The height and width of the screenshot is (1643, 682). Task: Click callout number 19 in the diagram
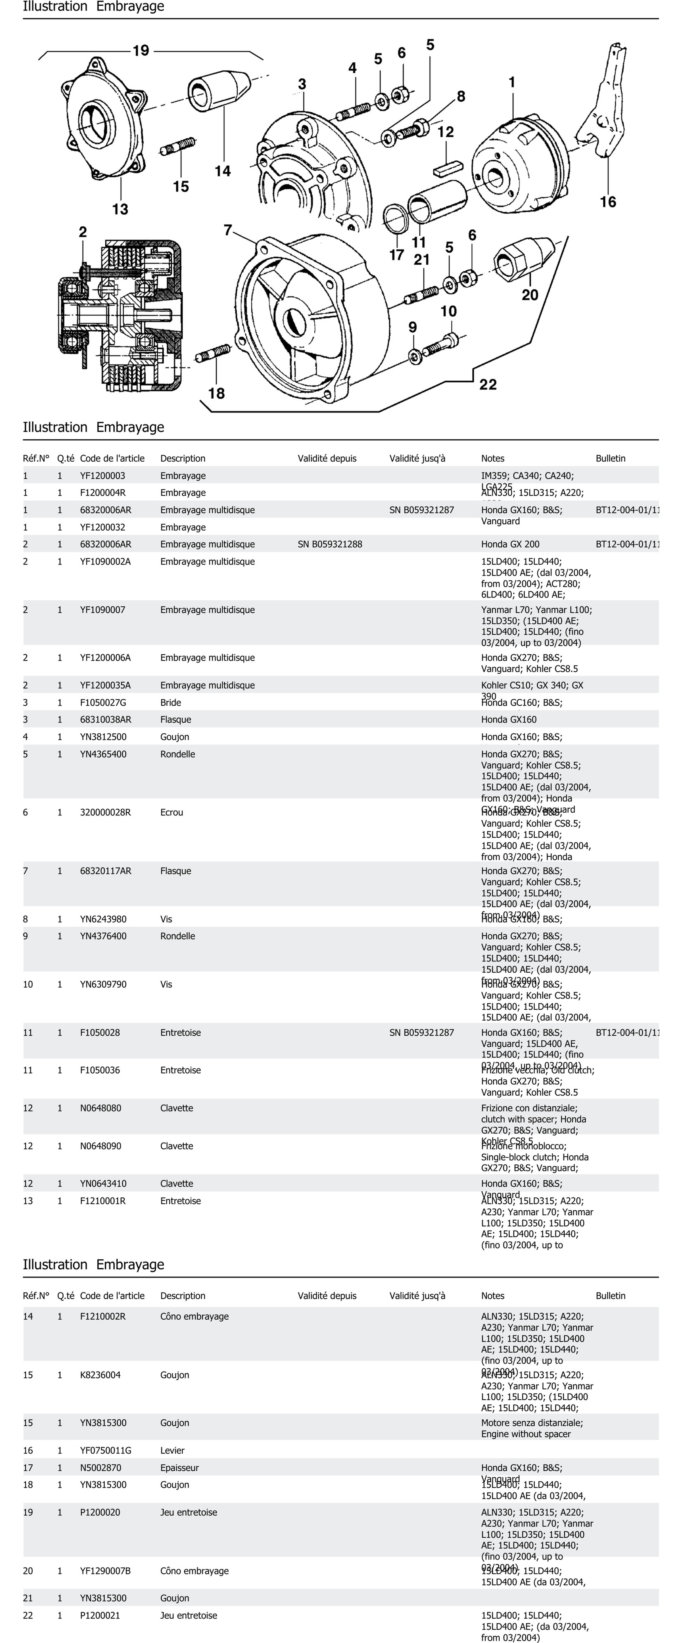(141, 50)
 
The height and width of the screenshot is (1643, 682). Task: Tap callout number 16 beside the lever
(607, 202)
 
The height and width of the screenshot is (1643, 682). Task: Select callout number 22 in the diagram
(488, 385)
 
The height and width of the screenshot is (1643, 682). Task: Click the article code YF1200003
(103, 476)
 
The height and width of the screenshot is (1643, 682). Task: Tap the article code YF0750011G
(106, 1450)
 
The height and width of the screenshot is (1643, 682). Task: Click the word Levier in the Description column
(172, 1450)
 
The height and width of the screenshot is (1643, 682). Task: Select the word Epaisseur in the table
(180, 1468)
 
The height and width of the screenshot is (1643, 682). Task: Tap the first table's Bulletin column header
(611, 458)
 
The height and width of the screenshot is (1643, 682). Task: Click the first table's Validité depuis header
(327, 458)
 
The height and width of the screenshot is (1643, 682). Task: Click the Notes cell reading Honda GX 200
(510, 544)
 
